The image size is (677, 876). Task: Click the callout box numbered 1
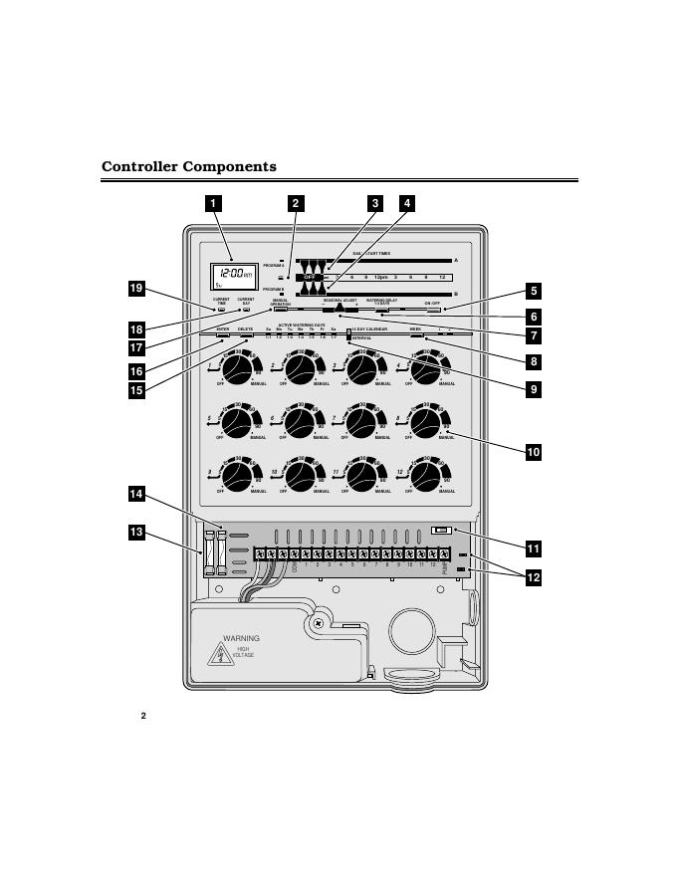[x=212, y=203]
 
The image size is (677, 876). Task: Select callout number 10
[x=534, y=451]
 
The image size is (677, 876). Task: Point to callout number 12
[x=534, y=577]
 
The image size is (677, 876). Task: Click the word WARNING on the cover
[x=241, y=638]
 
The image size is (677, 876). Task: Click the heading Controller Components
[x=189, y=166]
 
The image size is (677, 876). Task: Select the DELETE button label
[x=245, y=328]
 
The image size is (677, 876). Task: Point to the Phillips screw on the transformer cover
[x=318, y=623]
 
